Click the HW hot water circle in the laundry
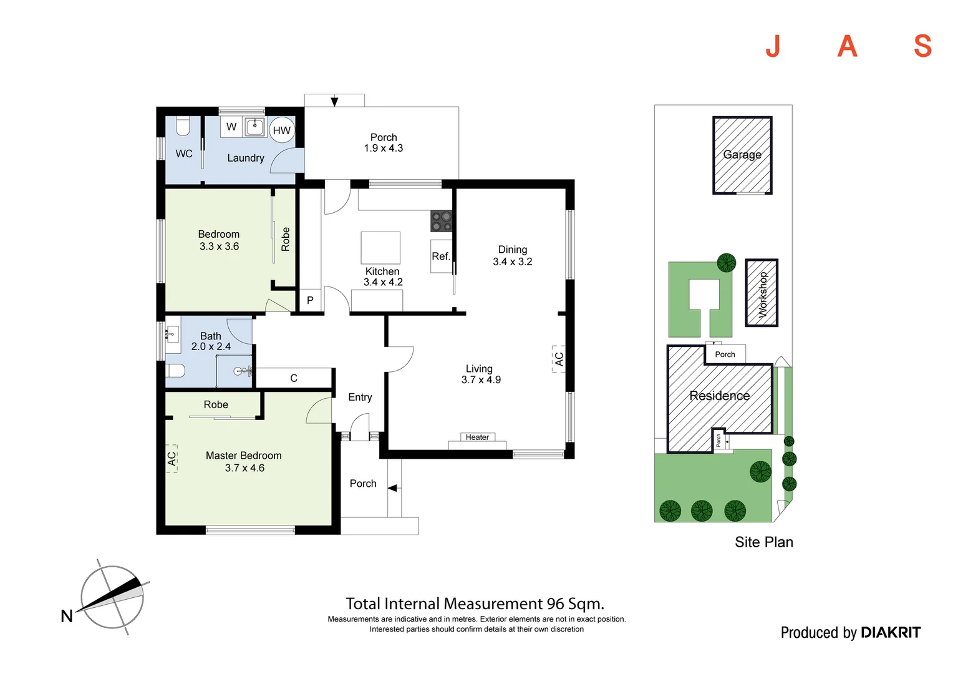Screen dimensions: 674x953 click(x=282, y=130)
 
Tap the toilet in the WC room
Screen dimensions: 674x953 click(x=183, y=127)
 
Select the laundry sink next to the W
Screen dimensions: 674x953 click(x=254, y=127)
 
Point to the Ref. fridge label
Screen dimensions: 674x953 click(x=441, y=256)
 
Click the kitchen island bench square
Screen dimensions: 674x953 click(x=380, y=248)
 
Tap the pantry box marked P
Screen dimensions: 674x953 click(x=310, y=300)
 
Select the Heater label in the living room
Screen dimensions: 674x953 click(x=477, y=437)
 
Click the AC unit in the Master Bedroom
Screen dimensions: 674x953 click(x=172, y=459)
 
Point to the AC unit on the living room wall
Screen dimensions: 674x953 click(x=559, y=359)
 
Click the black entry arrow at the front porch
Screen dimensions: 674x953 click(x=393, y=488)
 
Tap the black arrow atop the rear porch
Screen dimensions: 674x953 click(x=334, y=102)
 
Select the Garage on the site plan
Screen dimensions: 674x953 click(x=742, y=155)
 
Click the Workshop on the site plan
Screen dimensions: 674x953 click(x=762, y=293)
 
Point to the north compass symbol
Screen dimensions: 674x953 click(x=112, y=597)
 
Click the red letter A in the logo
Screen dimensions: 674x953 click(x=847, y=46)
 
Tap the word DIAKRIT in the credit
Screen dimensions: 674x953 click(x=890, y=632)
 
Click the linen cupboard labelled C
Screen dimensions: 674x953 click(x=294, y=378)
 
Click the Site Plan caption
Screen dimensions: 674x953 click(x=763, y=542)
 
